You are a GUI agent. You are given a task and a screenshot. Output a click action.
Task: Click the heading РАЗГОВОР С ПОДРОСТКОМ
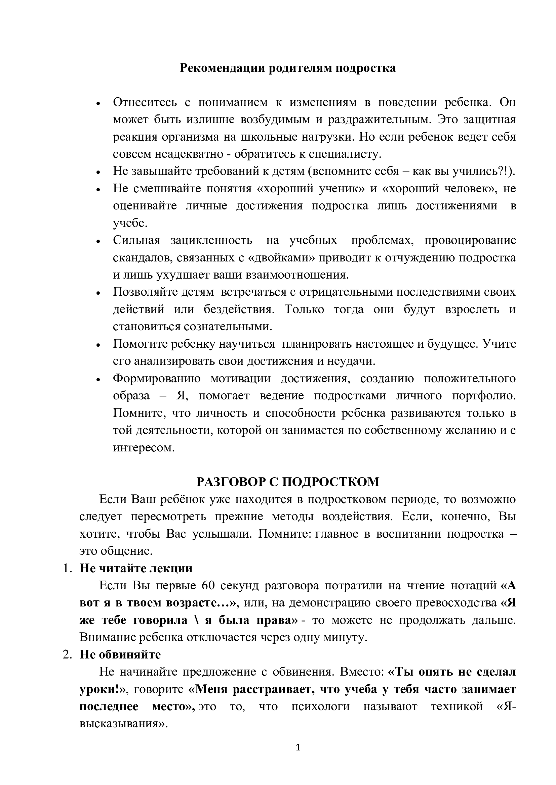pyautogui.click(x=288, y=482)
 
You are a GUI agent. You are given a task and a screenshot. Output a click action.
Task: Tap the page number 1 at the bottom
pyautogui.click(x=298, y=748)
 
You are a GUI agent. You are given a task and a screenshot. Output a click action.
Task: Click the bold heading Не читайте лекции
pyautogui.click(x=136, y=568)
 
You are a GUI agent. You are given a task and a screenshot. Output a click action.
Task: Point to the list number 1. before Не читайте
pyautogui.click(x=67, y=568)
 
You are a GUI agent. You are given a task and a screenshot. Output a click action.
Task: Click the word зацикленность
pyautogui.click(x=211, y=240)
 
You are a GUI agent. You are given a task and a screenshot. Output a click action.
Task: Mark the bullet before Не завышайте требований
pyautogui.click(x=98, y=172)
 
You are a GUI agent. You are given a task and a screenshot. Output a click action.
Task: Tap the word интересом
pyautogui.click(x=144, y=448)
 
